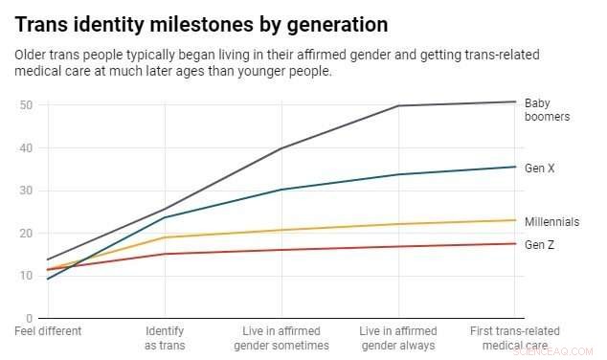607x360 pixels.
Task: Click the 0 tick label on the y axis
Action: pyautogui.click(x=30, y=318)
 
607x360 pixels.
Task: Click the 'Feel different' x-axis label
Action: pyautogui.click(x=49, y=331)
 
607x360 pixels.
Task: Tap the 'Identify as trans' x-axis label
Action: pyautogui.click(x=165, y=338)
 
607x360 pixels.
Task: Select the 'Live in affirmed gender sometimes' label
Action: pyautogui.click(x=281, y=338)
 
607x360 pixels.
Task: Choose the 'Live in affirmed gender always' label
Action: pyautogui.click(x=397, y=338)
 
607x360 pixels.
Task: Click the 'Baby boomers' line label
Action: pyautogui.click(x=547, y=110)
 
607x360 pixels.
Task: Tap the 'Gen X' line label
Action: pyautogui.click(x=540, y=169)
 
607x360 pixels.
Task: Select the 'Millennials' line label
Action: pyautogui.click(x=551, y=222)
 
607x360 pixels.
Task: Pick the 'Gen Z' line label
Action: pyautogui.click(x=540, y=245)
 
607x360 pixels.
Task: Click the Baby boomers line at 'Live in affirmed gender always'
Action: pyautogui.click(x=397, y=105)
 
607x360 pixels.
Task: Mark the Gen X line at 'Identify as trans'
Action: pyautogui.click(x=165, y=217)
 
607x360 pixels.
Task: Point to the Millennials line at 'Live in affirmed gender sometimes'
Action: pyautogui.click(x=281, y=230)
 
